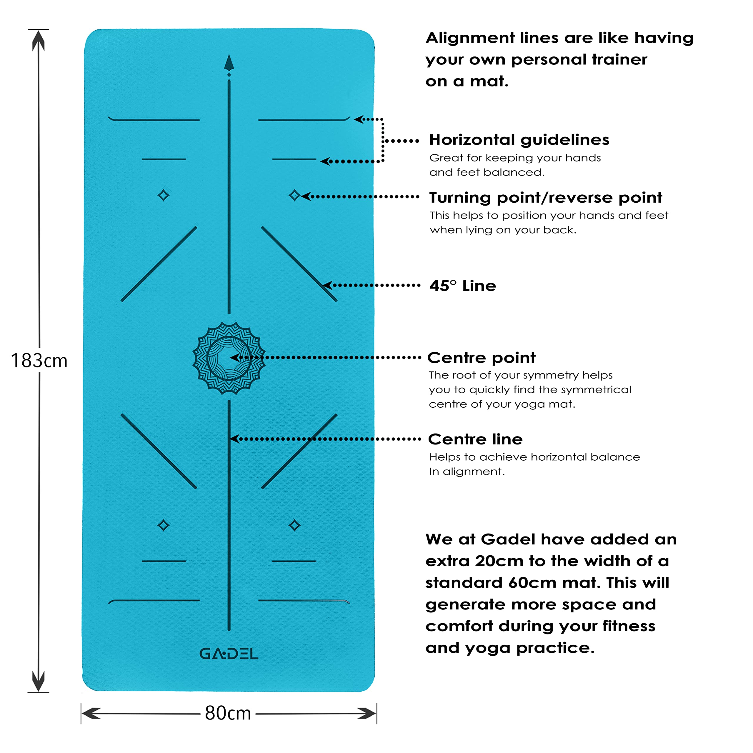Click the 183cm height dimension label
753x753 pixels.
tap(39, 361)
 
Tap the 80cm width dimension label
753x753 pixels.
tap(228, 713)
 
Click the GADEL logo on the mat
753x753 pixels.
tap(229, 654)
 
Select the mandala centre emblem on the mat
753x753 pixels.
tap(229, 358)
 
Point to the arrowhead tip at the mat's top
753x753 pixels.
tap(229, 62)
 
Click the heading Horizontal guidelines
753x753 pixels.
tap(519, 139)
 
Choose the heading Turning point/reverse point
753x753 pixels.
tap(545, 198)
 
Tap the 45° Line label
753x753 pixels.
tap(463, 286)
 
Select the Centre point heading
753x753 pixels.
tap(481, 357)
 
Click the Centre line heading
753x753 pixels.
tap(475, 439)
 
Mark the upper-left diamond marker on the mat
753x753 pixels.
tap(163, 195)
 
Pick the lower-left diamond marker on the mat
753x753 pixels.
tap(163, 525)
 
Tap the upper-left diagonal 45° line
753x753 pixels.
tap(159, 264)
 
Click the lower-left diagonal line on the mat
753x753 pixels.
tap(159, 451)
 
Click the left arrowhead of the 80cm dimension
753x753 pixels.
tap(90, 713)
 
